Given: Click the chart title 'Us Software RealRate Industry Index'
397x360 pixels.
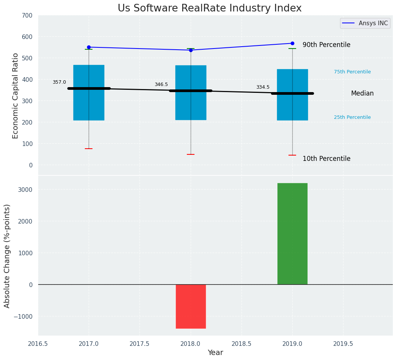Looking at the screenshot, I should [209, 8].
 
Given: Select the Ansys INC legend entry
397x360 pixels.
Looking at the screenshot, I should [365, 23].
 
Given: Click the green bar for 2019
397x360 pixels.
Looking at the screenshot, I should [292, 234].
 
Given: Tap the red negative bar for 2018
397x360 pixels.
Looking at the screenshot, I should [191, 306].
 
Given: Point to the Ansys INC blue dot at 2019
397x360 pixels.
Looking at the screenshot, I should [292, 43].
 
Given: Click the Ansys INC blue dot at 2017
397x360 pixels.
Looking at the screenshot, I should [89, 47].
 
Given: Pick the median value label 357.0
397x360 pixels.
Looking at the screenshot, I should [59, 82].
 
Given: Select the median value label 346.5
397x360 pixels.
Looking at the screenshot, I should [161, 84].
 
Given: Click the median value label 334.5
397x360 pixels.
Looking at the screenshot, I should [263, 87].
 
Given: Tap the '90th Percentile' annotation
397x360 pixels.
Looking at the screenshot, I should [326, 45].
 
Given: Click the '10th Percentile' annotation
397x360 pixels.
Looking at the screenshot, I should [326, 159].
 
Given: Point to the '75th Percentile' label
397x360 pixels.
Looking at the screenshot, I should [352, 72].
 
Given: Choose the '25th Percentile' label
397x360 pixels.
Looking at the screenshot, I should [352, 117].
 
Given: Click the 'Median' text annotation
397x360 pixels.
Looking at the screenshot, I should [362, 93].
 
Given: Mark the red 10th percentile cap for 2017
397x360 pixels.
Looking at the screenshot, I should [89, 149].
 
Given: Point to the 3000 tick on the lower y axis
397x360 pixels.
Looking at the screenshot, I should [25, 190].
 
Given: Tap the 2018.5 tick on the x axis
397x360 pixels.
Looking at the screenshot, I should [241, 344].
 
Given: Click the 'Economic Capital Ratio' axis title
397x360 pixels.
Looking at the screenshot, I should [16, 96].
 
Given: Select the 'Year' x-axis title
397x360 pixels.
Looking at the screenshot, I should [216, 353].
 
